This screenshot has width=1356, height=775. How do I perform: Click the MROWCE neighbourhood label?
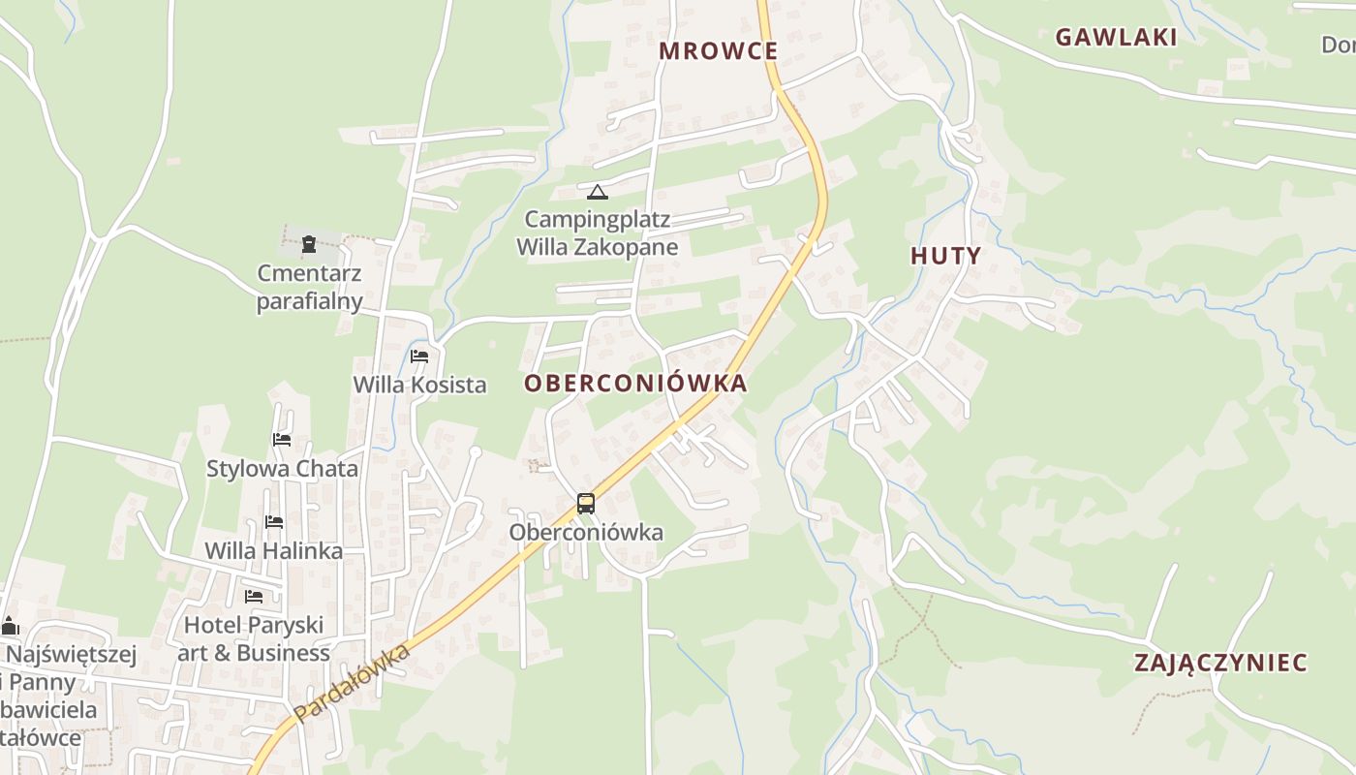(718, 51)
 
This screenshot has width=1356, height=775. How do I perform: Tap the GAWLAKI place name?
(1116, 38)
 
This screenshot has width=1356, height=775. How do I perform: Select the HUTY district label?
(945, 257)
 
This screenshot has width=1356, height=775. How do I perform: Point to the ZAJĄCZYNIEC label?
(1220, 664)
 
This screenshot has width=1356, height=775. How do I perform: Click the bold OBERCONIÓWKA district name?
(635, 384)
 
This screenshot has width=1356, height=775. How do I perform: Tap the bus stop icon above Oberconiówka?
(585, 504)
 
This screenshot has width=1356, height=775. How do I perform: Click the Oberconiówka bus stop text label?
(586, 533)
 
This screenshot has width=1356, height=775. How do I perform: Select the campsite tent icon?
(598, 192)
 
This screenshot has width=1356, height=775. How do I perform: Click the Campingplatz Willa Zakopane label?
(597, 233)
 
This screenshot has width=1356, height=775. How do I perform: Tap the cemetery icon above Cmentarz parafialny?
(309, 244)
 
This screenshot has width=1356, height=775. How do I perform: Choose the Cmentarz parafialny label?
(309, 287)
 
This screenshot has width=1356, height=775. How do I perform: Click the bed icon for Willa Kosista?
(419, 356)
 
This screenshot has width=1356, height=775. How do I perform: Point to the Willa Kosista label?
(419, 385)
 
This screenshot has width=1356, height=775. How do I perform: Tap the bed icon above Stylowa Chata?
(282, 440)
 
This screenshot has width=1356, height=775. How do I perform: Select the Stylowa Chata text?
(282, 469)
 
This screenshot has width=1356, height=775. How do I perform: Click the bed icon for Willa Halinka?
(274, 522)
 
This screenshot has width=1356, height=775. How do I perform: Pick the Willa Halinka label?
(273, 551)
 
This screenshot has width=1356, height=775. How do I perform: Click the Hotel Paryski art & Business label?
(254, 639)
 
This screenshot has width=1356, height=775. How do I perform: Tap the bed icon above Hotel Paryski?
(254, 596)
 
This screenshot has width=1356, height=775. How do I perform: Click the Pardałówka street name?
(354, 684)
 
